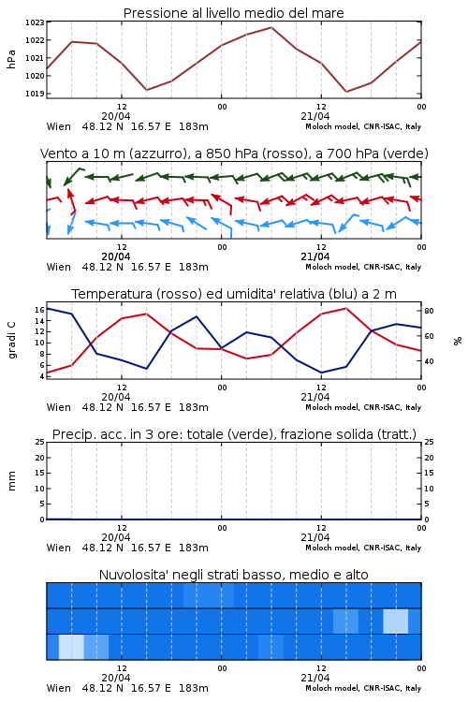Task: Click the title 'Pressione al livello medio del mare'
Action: pos(233,13)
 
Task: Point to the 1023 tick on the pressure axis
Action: pos(35,22)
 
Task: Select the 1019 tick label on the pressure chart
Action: pos(35,94)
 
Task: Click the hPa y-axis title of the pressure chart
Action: pos(11,59)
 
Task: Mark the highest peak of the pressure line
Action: pos(271,27)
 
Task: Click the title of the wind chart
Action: pos(234,154)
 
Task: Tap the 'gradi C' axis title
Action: pos(11,341)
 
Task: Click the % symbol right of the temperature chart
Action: pos(458,341)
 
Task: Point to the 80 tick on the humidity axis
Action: pos(429,311)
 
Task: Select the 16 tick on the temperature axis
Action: pos(39,310)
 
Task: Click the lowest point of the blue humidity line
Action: pos(322,373)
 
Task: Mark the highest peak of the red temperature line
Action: pos(346,308)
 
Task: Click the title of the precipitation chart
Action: pos(234,434)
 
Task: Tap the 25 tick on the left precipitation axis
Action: pos(40,442)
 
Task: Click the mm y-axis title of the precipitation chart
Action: pos(11,481)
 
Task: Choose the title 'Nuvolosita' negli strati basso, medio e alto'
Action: pos(233,575)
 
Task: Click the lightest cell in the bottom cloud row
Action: pos(71,647)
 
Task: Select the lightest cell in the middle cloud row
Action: pos(395,622)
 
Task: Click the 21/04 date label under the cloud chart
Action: pos(314,678)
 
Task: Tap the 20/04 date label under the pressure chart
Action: pos(116,116)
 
